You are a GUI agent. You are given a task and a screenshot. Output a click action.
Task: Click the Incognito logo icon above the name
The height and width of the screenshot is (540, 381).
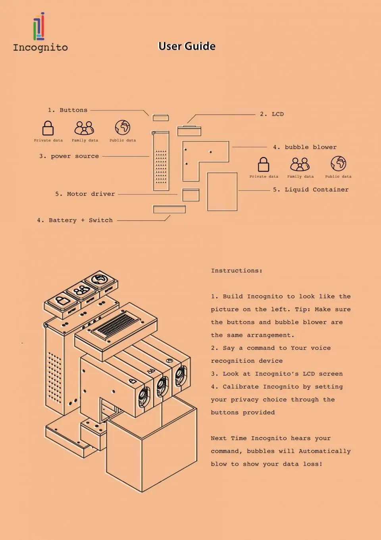39,26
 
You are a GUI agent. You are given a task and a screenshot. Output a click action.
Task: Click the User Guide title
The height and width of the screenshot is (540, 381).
187,46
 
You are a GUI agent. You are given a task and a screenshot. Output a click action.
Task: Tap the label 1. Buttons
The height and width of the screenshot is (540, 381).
67,110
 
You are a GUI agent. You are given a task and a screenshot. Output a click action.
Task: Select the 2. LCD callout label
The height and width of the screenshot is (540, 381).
272,114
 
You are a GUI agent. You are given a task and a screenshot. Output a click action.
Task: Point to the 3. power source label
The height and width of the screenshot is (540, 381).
69,156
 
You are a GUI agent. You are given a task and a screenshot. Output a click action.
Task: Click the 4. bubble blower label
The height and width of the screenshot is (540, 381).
305,147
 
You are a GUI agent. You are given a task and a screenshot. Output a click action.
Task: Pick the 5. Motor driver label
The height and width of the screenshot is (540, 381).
85,194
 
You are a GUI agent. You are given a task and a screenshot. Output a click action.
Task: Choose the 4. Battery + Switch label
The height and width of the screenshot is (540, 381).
75,220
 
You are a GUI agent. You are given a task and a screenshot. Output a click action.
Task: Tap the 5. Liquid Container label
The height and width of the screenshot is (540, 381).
311,190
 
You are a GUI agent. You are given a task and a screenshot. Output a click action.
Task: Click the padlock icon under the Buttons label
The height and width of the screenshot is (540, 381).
48,128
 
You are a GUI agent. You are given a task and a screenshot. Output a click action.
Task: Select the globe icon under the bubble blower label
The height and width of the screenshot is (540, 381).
338,163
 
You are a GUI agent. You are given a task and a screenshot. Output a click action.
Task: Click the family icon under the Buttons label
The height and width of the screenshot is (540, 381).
84,128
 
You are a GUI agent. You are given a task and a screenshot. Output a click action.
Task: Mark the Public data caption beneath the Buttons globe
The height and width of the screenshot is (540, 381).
123,140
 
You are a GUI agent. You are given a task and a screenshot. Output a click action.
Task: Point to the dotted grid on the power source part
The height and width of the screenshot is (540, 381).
161,167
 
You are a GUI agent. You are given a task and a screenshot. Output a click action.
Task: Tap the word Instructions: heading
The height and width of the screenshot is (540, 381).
237,271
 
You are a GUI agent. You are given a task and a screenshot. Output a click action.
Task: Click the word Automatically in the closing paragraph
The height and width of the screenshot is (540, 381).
325,451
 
